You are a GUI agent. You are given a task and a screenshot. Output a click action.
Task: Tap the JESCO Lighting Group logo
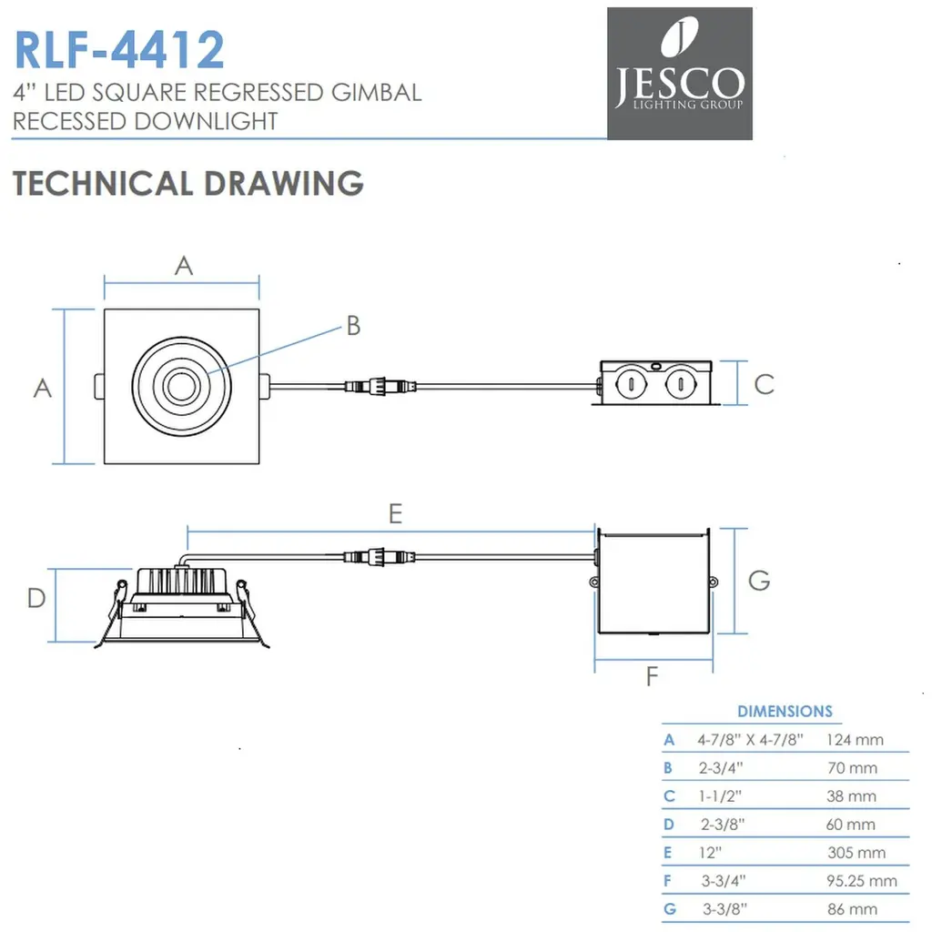point(679,74)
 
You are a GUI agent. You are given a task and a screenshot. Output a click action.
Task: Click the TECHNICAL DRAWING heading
point(188,183)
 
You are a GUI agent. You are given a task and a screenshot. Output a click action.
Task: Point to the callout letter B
point(353,325)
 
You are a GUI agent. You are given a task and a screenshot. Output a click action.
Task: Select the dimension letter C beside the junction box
point(764,383)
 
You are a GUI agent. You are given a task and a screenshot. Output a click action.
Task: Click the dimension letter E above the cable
point(394,514)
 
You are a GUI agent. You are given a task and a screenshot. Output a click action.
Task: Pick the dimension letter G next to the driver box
point(758,580)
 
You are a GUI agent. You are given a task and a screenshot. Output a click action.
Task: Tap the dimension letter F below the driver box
point(652,676)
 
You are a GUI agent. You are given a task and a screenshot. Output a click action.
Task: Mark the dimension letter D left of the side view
point(35,598)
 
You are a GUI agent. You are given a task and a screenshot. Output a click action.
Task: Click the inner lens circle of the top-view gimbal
point(178,386)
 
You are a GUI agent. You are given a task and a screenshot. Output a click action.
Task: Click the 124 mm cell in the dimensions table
point(855,739)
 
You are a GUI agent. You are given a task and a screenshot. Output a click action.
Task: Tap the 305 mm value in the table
point(856,853)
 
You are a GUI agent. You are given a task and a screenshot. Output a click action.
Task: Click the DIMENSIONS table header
point(785,711)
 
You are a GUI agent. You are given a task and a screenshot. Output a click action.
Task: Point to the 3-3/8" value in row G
point(724,908)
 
